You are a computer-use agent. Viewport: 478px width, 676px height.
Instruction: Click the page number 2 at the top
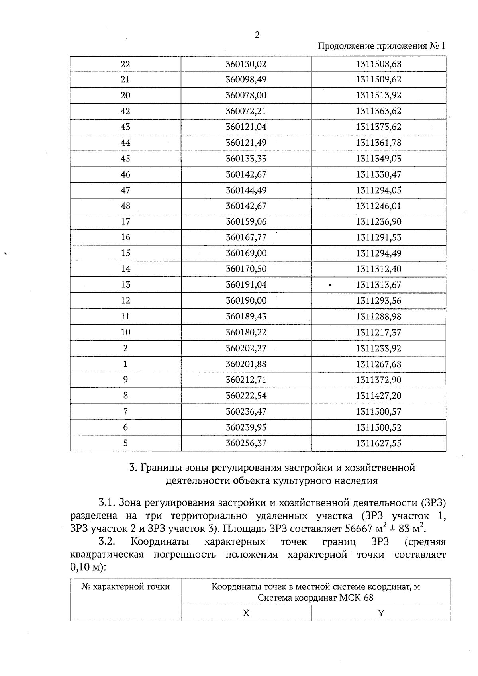tap(257, 35)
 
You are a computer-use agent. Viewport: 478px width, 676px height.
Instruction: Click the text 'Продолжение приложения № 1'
tap(381, 46)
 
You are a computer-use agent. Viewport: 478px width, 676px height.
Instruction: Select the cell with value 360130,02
tap(246, 64)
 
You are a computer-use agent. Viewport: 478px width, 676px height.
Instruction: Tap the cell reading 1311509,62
tap(378, 80)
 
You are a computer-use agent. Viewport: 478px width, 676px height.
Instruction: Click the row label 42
tap(125, 111)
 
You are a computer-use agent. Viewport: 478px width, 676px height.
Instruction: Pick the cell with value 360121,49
tap(246, 143)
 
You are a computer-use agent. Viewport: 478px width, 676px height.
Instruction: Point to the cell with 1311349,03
tap(378, 159)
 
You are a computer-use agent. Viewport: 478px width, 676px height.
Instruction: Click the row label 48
tap(125, 206)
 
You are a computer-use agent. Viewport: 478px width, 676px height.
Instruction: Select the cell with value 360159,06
tap(246, 222)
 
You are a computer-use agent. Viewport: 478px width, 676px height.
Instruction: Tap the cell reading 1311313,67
tap(378, 285)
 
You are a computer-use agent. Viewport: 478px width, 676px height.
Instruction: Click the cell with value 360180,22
tap(246, 332)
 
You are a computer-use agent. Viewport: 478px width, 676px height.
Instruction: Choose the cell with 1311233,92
tap(378, 348)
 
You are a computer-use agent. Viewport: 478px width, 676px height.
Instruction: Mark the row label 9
tap(125, 380)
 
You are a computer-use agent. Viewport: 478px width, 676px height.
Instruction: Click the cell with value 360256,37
tap(246, 443)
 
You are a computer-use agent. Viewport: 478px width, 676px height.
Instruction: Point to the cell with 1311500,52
tap(378, 427)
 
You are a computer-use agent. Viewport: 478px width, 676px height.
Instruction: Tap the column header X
tap(246, 613)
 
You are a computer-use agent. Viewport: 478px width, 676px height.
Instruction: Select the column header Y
tap(381, 613)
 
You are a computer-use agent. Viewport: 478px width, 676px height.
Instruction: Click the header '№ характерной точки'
tap(125, 587)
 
